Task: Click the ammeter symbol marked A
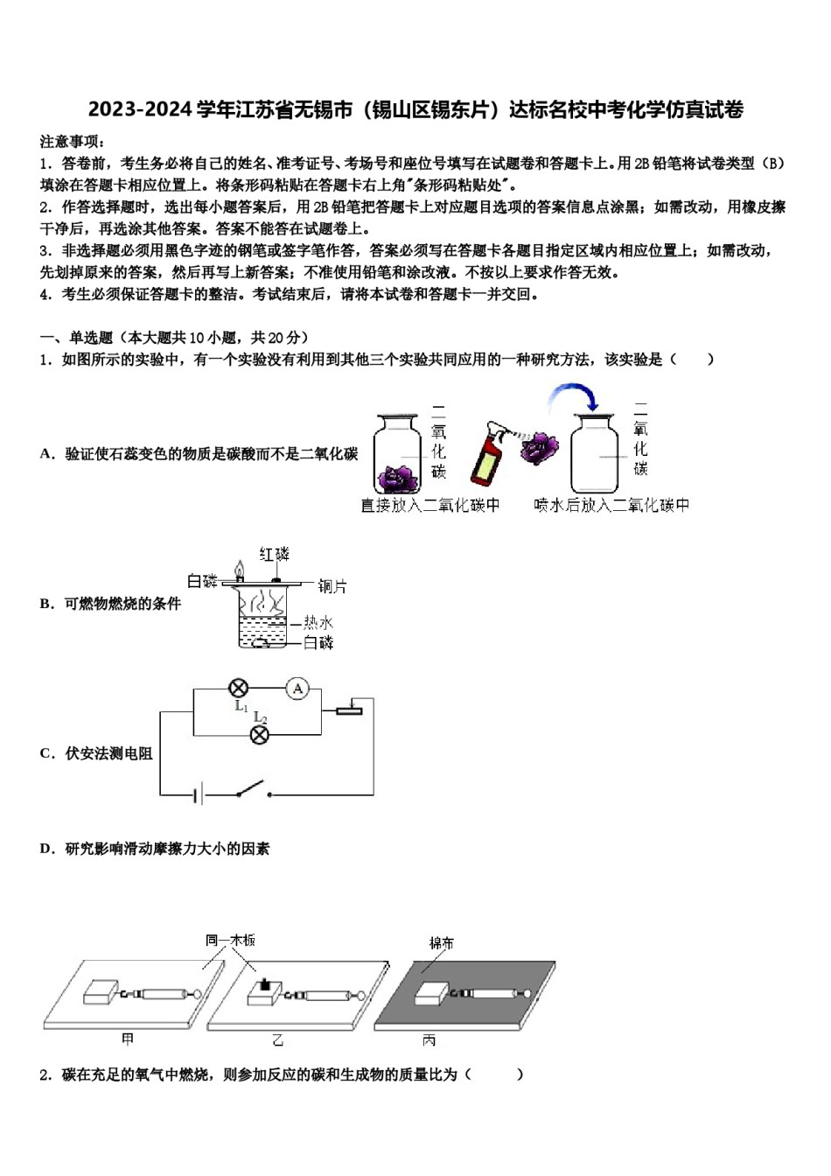click(298, 689)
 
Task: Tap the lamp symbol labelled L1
click(238, 688)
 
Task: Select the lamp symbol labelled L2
click(260, 735)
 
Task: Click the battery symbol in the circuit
click(199, 794)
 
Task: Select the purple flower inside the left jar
click(399, 478)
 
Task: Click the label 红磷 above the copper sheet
click(274, 554)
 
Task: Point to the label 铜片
click(332, 586)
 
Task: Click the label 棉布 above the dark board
click(442, 943)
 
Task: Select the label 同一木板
click(230, 940)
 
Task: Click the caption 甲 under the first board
click(129, 1039)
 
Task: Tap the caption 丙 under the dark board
click(429, 1040)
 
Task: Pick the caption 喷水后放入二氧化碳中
click(611, 505)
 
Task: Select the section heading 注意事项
click(73, 141)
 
